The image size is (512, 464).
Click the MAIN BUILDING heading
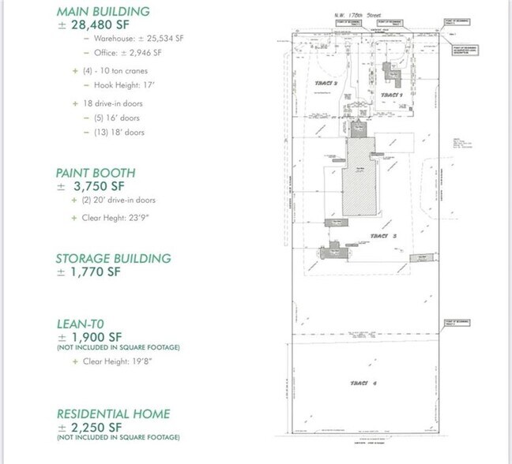(104, 11)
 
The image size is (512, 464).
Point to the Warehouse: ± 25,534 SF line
(127, 38)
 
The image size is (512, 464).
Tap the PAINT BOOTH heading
(96, 172)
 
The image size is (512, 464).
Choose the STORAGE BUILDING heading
(113, 258)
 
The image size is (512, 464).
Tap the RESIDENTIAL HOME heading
(113, 413)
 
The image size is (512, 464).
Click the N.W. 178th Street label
(355, 15)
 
